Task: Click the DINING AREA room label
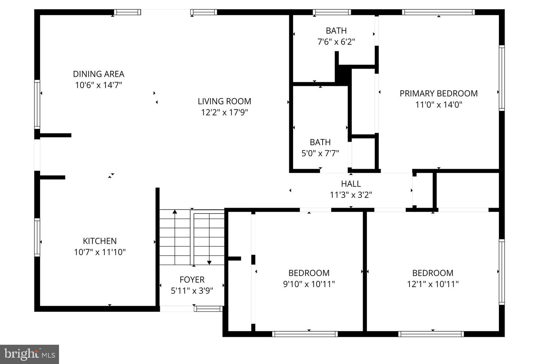click(98, 74)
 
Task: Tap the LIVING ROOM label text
click(224, 101)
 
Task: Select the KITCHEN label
click(100, 241)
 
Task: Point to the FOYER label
click(192, 280)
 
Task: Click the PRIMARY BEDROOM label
click(438, 94)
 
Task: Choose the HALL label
click(351, 184)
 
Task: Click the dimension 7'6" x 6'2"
click(336, 42)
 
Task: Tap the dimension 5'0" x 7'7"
click(320, 153)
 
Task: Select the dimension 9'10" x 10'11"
click(309, 284)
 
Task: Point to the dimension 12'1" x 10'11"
click(433, 284)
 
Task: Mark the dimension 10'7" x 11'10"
click(100, 252)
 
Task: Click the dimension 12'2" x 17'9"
click(224, 112)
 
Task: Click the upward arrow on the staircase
click(174, 212)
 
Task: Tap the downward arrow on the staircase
click(209, 262)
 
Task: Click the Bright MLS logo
click(30, 354)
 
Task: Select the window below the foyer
click(208, 309)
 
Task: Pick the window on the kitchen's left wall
click(37, 238)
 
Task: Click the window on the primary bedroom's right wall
click(502, 78)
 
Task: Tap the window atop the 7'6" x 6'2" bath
click(332, 12)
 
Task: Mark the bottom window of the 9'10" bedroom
click(305, 334)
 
